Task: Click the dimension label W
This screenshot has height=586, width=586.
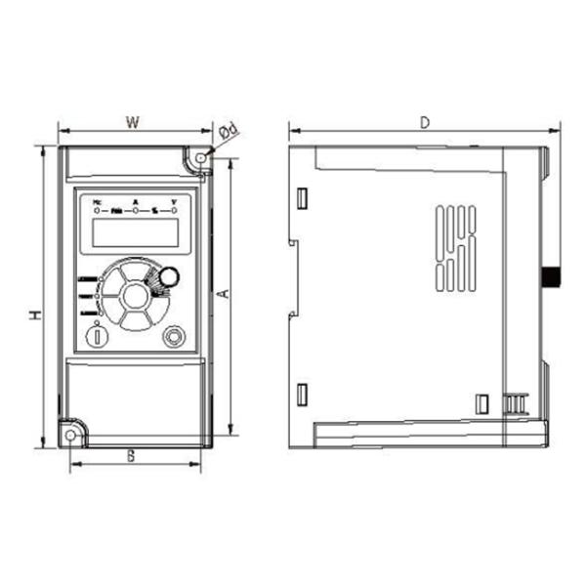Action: coord(135,122)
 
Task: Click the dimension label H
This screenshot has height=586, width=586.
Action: coord(33,315)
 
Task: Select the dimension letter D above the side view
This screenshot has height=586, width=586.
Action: coord(425,122)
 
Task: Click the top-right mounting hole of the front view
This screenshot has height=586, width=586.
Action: coord(201,157)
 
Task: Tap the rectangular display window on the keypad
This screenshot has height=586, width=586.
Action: coord(135,232)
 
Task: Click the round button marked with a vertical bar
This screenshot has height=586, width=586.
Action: coord(98,335)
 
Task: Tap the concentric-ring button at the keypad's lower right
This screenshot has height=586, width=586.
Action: coord(174,335)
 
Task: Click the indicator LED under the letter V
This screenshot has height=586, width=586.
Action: coord(174,210)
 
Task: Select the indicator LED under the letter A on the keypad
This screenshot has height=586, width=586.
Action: coord(135,210)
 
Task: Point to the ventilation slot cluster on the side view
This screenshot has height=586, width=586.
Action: coord(455,247)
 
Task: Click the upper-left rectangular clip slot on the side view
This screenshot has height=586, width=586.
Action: coord(303,198)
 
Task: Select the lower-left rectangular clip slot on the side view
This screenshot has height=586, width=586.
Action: coord(303,395)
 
